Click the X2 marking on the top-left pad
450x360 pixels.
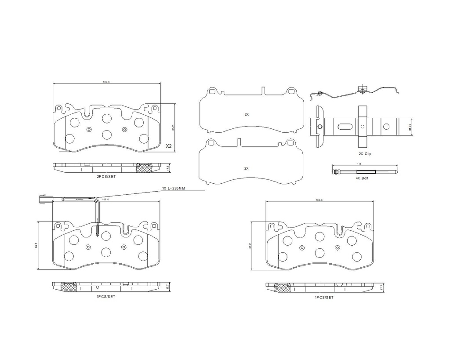[168, 146]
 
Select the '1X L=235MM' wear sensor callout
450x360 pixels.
[174, 188]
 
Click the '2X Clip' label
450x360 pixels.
[365, 154]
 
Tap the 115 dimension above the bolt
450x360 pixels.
[359, 164]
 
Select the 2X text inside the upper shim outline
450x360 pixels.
[247, 114]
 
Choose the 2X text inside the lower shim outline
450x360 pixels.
[247, 168]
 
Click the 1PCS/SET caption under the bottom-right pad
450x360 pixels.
[324, 297]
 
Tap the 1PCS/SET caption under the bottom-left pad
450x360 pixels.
[106, 297]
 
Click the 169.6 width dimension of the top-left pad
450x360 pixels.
[106, 81]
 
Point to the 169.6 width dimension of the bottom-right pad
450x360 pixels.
[319, 200]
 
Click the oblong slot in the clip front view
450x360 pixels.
[345, 127]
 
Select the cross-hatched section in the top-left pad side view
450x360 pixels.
[144, 167]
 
